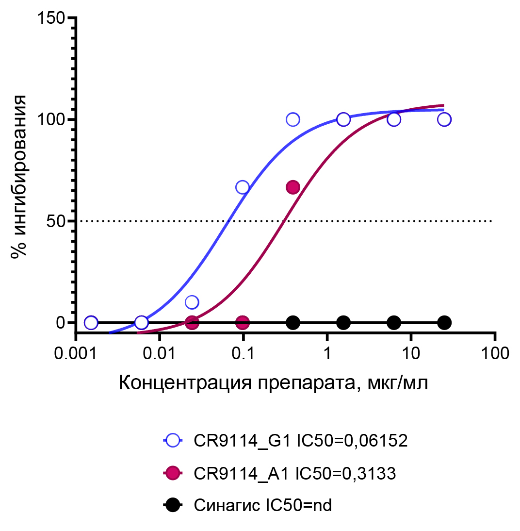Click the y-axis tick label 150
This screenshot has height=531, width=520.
[x=51, y=18]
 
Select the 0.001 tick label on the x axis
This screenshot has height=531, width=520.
[x=76, y=353]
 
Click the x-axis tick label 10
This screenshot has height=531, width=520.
[x=411, y=353]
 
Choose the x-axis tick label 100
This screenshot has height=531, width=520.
[x=494, y=353]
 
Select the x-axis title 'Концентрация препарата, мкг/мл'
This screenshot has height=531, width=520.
[x=274, y=383]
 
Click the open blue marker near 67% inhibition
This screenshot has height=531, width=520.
[x=243, y=187]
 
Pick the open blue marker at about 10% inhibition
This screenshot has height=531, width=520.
[x=192, y=302]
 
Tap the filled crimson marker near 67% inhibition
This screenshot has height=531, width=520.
[x=293, y=187]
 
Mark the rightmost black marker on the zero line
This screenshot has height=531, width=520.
[x=444, y=322]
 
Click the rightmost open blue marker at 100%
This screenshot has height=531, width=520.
[x=444, y=119]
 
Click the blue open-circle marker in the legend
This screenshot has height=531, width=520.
[x=172, y=441]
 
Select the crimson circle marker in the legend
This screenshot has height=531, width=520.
[x=172, y=473]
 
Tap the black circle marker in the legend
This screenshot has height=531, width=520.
[x=172, y=505]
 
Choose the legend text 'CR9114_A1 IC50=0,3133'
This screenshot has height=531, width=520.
[x=295, y=473]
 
